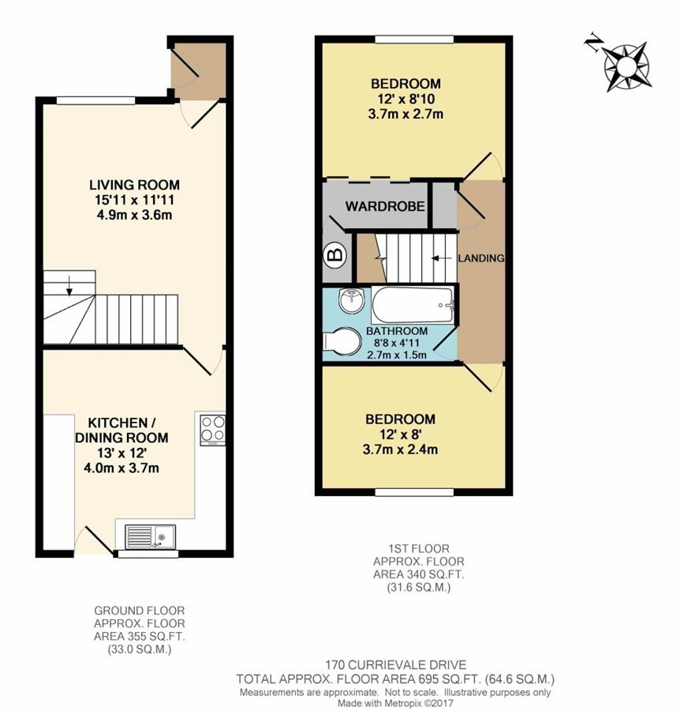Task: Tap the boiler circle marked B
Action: click(x=335, y=254)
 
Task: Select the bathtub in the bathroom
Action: click(x=413, y=305)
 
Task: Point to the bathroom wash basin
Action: click(x=349, y=300)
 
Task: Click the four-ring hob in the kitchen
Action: click(x=213, y=429)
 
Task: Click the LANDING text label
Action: click(x=482, y=258)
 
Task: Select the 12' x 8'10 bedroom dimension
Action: click(x=406, y=99)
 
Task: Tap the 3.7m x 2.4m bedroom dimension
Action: click(x=400, y=450)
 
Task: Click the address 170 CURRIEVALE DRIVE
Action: click(x=395, y=664)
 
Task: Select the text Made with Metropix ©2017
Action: click(x=395, y=703)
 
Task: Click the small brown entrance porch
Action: click(x=200, y=70)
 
